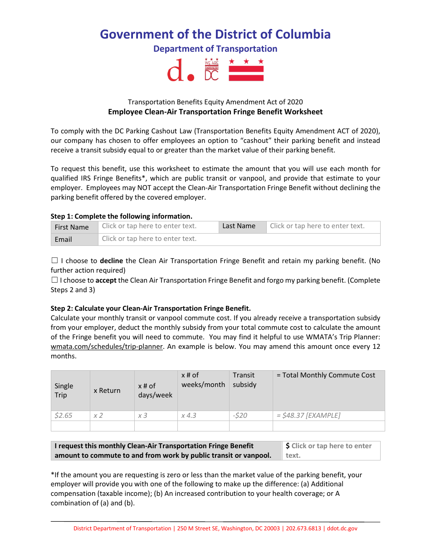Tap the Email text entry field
pyautogui.click(x=239, y=239)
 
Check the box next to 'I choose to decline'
pyautogui.click(x=54, y=261)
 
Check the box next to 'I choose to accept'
pyautogui.click(x=54, y=280)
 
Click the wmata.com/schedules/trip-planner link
pyautogui.click(x=107, y=347)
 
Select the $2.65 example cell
pyautogui.click(x=70, y=416)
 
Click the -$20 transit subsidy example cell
pyautogui.click(x=250, y=416)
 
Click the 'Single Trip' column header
pyautogui.click(x=70, y=391)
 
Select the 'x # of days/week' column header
pyautogui.click(x=156, y=391)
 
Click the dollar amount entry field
pyautogui.click(x=331, y=450)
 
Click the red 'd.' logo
pyautogui.click(x=181, y=71)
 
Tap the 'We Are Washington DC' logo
pyautogui.click(x=211, y=70)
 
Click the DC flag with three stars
pyautogui.click(x=246, y=70)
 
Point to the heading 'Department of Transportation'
pyautogui.click(x=215, y=49)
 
